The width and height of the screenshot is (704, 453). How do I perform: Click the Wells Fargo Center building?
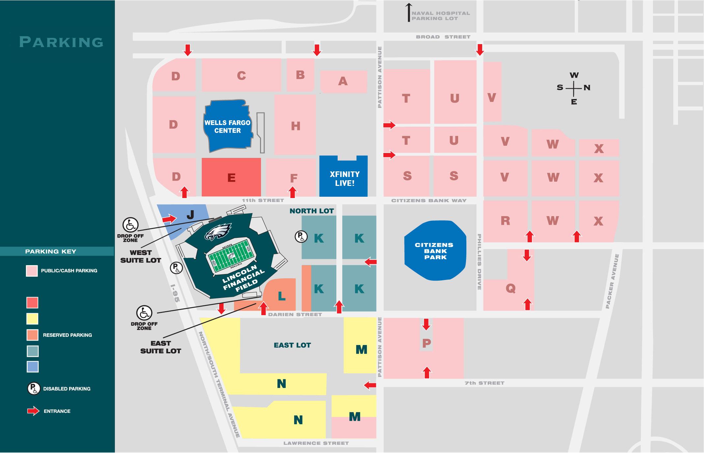pos(228,127)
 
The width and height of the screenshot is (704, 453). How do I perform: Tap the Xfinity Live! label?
pos(344,179)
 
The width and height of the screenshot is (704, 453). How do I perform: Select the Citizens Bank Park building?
pos(435,251)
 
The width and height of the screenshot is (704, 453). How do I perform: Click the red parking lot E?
pos(231,178)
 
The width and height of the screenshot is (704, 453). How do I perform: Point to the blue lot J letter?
pos(190,215)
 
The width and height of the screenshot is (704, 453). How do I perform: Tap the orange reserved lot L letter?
pos(281,296)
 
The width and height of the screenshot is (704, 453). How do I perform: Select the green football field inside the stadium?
pos(230,256)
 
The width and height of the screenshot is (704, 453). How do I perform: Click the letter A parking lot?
pos(343,81)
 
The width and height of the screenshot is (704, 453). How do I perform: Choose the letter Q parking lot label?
pos(510,289)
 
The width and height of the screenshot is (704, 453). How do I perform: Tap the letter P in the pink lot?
pos(427,343)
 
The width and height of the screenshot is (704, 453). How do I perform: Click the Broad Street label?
pos(443,37)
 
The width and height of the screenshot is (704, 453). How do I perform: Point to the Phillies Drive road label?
pos(480,262)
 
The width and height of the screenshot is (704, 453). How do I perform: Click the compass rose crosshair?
pos(574,88)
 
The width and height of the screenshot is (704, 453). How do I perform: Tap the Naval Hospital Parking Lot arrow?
pos(409,13)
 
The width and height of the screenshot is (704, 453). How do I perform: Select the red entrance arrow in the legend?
pos(33,411)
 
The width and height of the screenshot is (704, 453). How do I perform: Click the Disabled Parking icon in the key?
pos(34,389)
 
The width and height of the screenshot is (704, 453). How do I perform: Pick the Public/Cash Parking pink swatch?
pos(32,271)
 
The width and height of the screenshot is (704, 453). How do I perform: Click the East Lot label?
pos(292,345)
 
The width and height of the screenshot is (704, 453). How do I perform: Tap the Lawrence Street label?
pos(316,443)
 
